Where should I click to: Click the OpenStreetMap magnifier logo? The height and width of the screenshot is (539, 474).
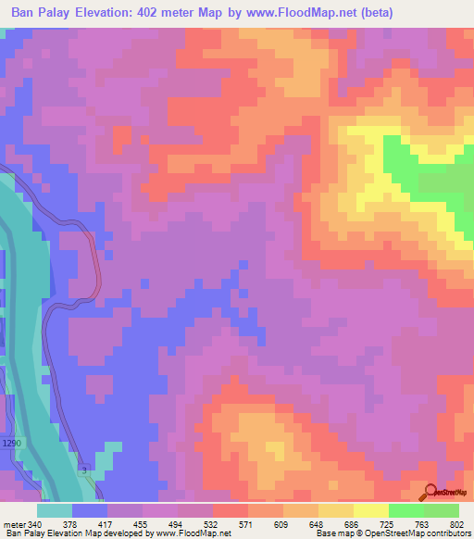pyautogui.click(x=431, y=492)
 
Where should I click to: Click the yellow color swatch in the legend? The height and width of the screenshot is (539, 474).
pyautogui.click(x=371, y=510)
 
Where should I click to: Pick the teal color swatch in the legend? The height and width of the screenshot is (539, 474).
pyautogui.click(x=55, y=510)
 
